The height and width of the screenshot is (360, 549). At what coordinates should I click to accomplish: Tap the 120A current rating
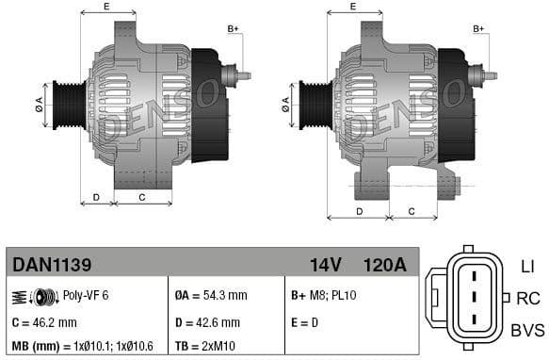coord(384,265)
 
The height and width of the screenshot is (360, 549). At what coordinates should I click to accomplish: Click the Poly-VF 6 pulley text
coord(86,296)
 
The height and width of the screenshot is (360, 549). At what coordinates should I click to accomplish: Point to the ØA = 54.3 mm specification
coord(212,296)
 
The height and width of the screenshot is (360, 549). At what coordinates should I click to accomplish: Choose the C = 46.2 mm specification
coord(43,321)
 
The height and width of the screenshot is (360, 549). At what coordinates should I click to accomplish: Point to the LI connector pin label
coord(526,267)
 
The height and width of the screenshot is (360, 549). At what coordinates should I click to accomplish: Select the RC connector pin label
coord(526,298)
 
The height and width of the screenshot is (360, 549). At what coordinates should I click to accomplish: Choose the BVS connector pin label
coord(526,329)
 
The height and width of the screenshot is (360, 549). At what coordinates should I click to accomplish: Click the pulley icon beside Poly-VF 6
coord(36,296)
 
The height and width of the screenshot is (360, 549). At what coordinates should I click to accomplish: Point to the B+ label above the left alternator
coord(233,29)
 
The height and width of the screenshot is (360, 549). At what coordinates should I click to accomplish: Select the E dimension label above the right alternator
coord(352,7)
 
